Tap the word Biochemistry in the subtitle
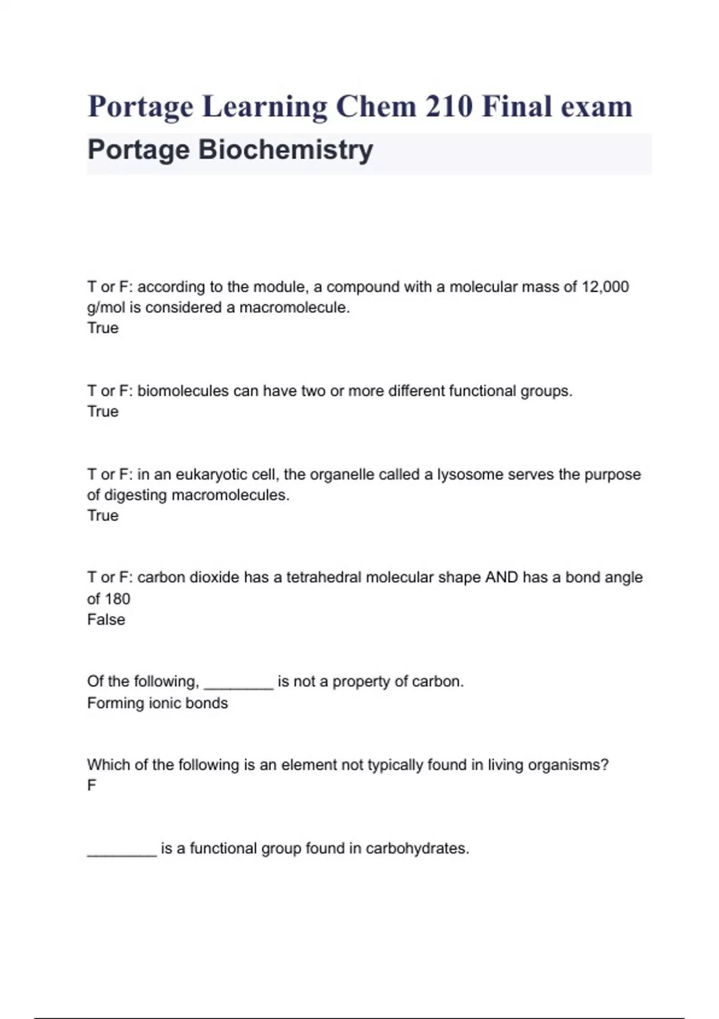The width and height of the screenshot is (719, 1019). click(285, 150)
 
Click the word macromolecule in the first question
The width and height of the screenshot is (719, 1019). click(294, 307)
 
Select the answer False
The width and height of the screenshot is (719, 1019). click(106, 620)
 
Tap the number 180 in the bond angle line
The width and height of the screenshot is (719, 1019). click(117, 599)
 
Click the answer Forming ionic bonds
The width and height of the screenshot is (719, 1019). click(158, 703)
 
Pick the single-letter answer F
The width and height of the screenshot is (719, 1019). click(92, 786)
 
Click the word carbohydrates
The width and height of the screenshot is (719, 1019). click(417, 849)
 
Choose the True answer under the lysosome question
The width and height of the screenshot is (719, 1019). click(103, 515)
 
